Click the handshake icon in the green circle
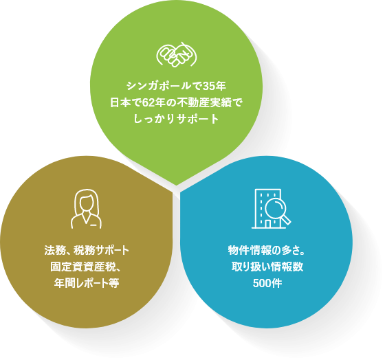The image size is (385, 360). (x=176, y=54)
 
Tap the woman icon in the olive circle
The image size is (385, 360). (x=86, y=209)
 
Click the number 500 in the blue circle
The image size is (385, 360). (x=262, y=283)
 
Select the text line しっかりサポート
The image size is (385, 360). (x=176, y=119)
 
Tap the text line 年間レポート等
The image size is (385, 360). (x=87, y=283)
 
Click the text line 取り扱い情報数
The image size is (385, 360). (x=267, y=267)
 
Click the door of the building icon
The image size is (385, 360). (x=267, y=223)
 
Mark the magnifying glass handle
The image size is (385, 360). (x=286, y=220)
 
